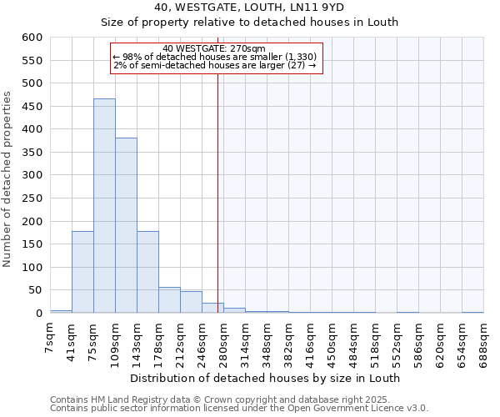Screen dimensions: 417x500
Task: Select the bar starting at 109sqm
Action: tap(126, 225)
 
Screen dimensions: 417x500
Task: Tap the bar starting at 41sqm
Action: tap(82, 272)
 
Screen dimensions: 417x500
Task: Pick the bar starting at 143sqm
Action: tap(147, 272)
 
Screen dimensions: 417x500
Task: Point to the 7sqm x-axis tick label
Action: tap(51, 337)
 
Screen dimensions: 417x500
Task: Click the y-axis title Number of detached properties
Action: tap(8, 179)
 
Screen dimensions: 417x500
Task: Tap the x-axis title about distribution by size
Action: tap(267, 378)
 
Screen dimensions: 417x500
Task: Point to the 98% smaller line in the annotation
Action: tap(214, 57)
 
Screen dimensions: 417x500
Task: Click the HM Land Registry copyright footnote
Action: tap(237, 399)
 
